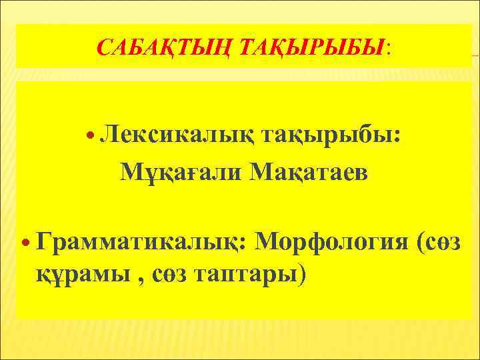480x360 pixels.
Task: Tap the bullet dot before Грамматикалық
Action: [x=26, y=241]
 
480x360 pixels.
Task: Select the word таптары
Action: [x=246, y=273]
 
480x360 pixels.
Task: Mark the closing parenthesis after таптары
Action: [x=303, y=273]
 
